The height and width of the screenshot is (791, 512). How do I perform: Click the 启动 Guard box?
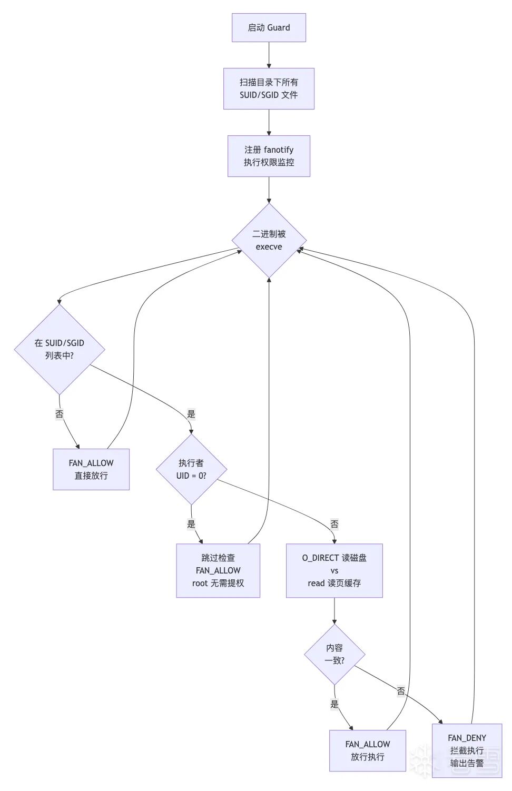point(269,27)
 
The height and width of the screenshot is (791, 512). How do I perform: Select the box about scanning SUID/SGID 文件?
point(269,88)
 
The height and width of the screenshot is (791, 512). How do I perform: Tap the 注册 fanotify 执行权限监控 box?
point(269,156)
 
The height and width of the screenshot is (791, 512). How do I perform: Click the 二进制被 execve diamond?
point(269,241)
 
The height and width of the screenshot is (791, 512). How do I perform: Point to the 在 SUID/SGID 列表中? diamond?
point(60,349)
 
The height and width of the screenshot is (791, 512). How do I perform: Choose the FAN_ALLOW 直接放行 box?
point(91,469)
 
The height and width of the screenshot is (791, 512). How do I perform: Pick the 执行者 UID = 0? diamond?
point(191,469)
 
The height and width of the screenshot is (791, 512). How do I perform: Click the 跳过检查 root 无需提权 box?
point(218,571)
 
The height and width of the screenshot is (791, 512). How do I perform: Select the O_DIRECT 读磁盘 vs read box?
point(334,571)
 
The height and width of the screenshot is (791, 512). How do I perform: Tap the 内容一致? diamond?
point(334,655)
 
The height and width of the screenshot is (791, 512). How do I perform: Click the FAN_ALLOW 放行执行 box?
point(368,751)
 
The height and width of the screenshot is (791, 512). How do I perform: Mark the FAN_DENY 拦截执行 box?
point(467,751)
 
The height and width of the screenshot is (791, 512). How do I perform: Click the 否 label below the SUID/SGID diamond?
point(60,413)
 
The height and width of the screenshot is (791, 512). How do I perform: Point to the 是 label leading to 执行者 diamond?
point(191,413)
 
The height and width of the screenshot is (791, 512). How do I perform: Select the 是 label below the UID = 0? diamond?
point(191,523)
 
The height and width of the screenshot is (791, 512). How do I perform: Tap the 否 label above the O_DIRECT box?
point(334,523)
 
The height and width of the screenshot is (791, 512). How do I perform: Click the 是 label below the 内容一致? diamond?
point(334,704)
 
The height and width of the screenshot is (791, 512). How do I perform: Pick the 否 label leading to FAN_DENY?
point(401,691)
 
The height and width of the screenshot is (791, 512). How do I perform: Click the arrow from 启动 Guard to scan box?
point(269,55)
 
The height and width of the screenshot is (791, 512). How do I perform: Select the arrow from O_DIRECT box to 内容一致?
point(334,611)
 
